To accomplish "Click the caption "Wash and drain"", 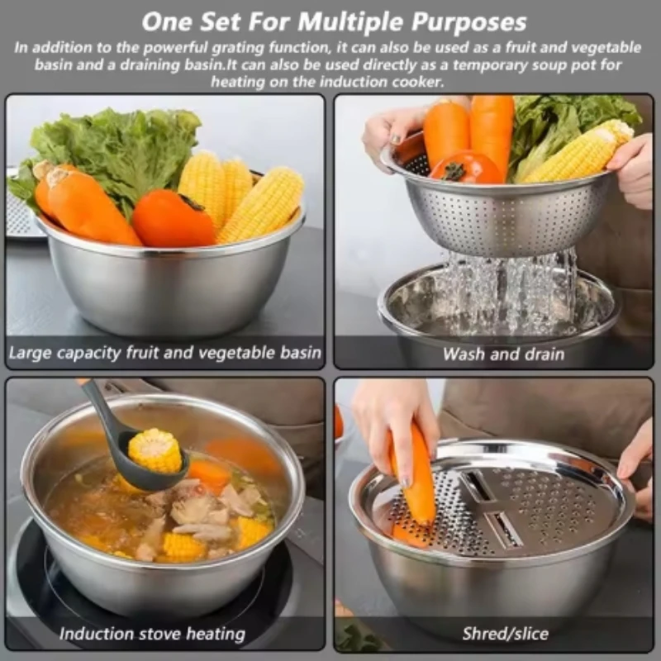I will (x=503, y=354).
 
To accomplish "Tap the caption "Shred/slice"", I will (x=505, y=634).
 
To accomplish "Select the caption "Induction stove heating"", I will (x=152, y=635).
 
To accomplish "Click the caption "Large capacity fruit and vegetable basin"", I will (x=164, y=353).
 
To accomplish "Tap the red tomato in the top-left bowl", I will (x=174, y=219).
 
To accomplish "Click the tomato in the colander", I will (x=464, y=168).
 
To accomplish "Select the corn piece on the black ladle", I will (x=155, y=450).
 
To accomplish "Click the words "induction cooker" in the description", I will (x=388, y=82).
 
